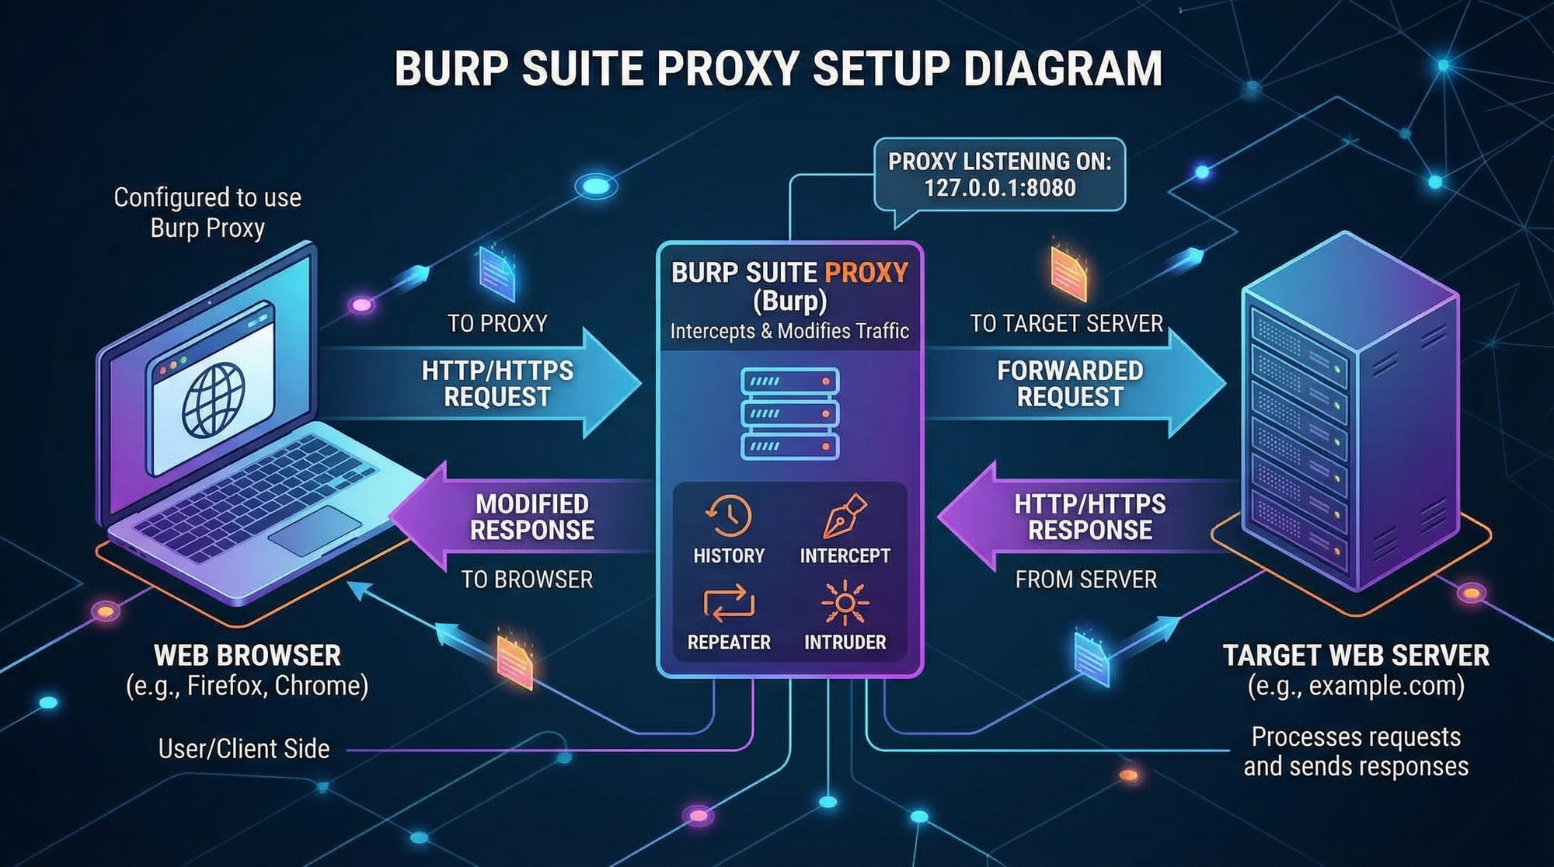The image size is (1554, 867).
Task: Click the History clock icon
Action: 728,516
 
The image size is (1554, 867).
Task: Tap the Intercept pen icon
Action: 845,516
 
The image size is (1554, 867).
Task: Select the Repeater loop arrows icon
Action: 729,604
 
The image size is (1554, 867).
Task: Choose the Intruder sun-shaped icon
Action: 845,603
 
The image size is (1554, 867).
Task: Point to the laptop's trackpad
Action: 315,531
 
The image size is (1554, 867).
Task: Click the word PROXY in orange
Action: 866,273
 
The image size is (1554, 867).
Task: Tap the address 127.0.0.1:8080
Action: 1000,188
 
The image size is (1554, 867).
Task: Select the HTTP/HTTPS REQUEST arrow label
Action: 497,384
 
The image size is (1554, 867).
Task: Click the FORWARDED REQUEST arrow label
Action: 1070,384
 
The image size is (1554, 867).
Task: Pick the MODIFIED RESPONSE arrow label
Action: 532,517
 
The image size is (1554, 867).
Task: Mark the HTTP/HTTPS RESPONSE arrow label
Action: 1090,517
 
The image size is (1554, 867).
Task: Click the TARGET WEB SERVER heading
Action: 1356,656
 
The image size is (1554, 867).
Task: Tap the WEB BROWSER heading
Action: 247,656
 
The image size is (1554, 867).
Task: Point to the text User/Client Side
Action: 244,749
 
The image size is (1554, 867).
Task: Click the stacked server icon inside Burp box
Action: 790,414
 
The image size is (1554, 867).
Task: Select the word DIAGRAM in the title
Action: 1062,68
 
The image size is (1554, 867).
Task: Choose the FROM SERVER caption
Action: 1085,580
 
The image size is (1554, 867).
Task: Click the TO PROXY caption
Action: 497,323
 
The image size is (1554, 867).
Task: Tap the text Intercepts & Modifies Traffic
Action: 789,332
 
